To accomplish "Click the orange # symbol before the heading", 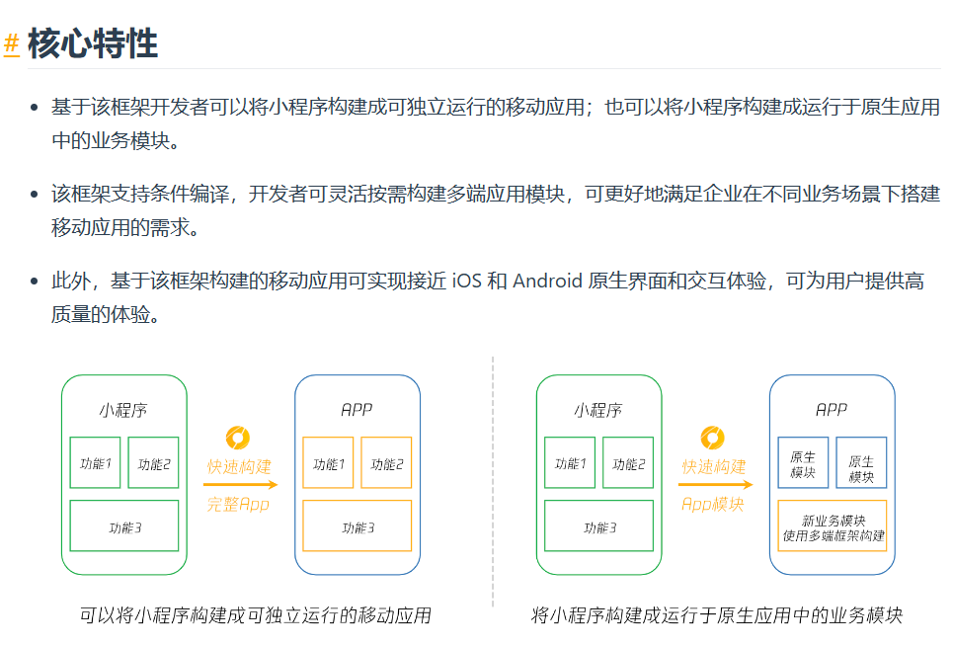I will pyautogui.click(x=12, y=43).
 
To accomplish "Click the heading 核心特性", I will pyautogui.click(x=93, y=43).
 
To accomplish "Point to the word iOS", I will pyautogui.click(x=467, y=281).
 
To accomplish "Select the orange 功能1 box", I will pyautogui.click(x=328, y=463).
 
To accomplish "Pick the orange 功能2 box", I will pyautogui.click(x=386, y=463).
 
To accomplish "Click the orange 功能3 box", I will pyautogui.click(x=357, y=526).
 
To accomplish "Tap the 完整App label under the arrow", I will pyautogui.click(x=238, y=504).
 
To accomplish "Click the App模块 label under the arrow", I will pyautogui.click(x=712, y=504).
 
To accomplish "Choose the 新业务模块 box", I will pyautogui.click(x=833, y=527).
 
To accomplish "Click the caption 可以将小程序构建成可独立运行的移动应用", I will pyautogui.click(x=255, y=615).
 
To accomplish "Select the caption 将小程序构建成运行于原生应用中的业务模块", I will pyautogui.click(x=716, y=615).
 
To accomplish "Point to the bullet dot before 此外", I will pyautogui.click(x=34, y=282).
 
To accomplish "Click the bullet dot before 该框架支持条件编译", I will pyautogui.click(x=34, y=194).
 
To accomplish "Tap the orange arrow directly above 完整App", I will pyautogui.click(x=240, y=484).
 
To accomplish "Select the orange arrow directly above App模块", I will pyautogui.click(x=714, y=484).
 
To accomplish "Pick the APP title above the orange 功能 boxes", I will pyautogui.click(x=357, y=409).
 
